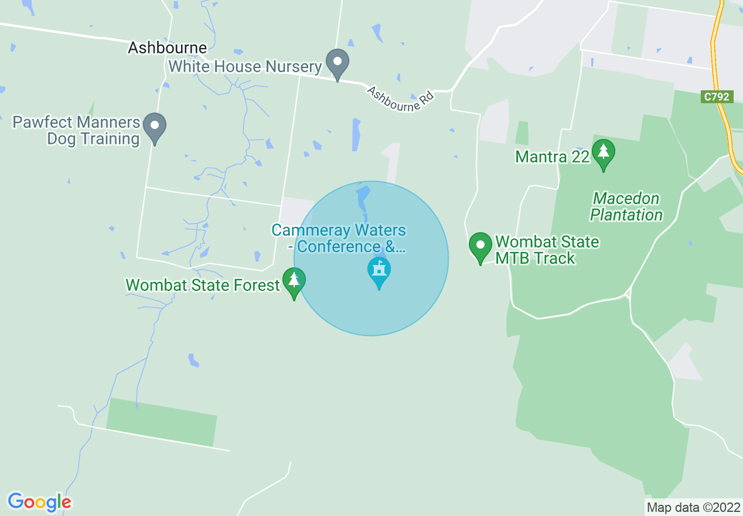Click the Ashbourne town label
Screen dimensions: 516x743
pyautogui.click(x=168, y=48)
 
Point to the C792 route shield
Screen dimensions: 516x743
pyautogui.click(x=717, y=97)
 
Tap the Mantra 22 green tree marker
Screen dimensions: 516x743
pyautogui.click(x=603, y=154)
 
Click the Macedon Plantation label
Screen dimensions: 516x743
pyautogui.click(x=626, y=207)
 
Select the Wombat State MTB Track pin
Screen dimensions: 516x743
pyautogui.click(x=480, y=247)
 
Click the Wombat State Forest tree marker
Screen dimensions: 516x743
pyautogui.click(x=294, y=282)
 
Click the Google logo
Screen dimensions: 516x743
pyautogui.click(x=39, y=502)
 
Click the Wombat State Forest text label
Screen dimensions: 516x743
pyautogui.click(x=203, y=286)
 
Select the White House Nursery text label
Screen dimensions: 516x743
pyautogui.click(x=245, y=67)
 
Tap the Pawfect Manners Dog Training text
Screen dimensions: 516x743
pyautogui.click(x=76, y=131)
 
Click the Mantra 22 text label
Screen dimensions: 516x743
pyautogui.click(x=552, y=157)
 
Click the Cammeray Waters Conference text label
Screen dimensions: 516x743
pyautogui.click(x=339, y=238)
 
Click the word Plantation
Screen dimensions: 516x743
pyautogui.click(x=626, y=215)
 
